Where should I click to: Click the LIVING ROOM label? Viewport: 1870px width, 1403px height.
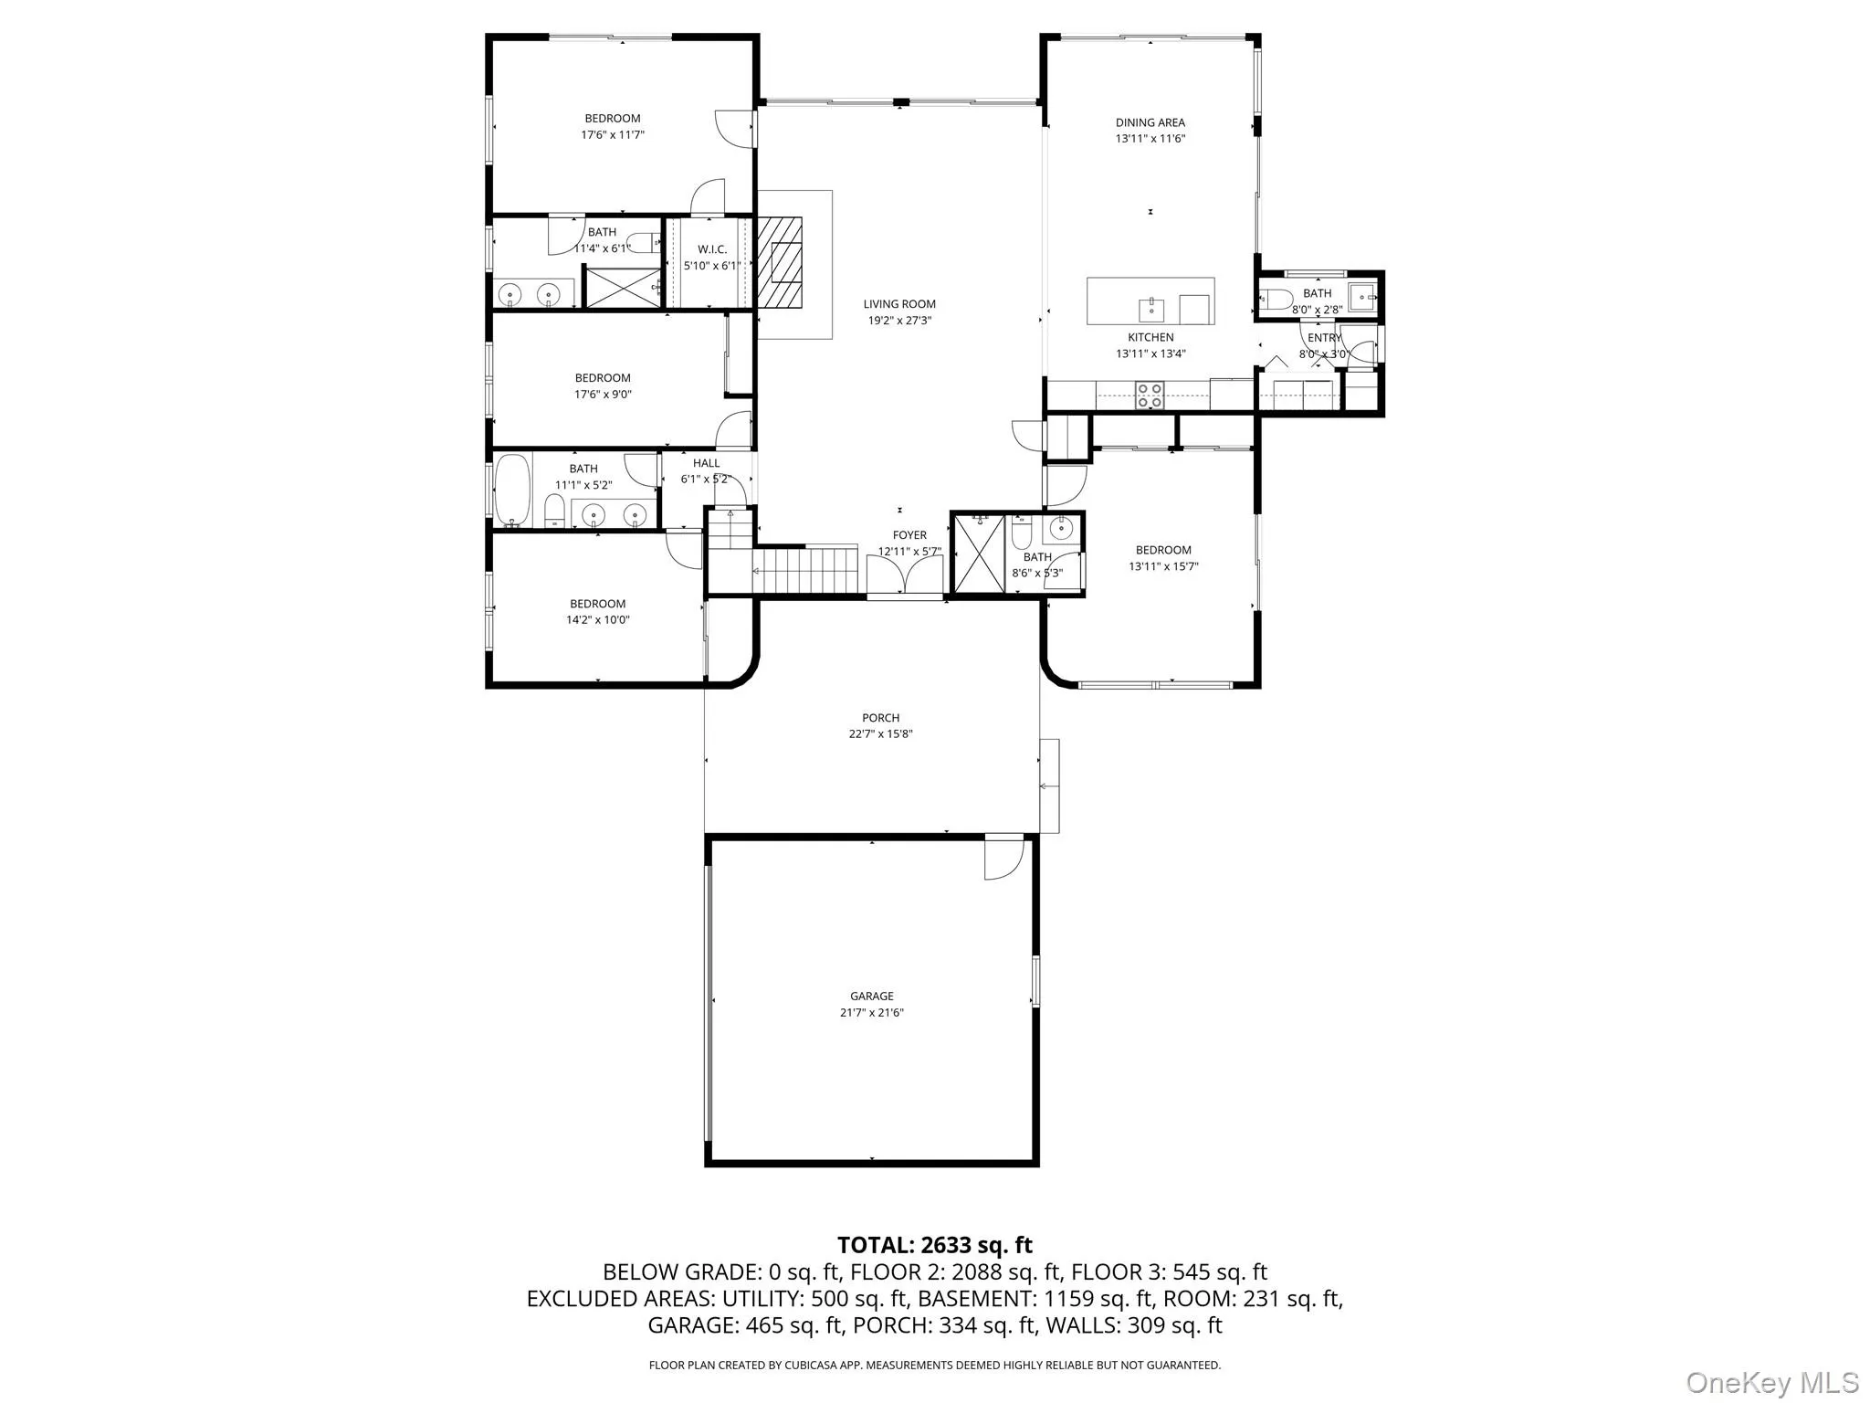[899, 304]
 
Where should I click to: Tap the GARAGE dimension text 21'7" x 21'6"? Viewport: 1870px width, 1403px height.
[871, 1012]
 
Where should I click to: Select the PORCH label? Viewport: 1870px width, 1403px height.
[880, 718]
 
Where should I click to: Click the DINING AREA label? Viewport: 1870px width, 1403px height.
[1150, 122]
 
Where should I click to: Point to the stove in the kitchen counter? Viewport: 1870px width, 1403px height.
[1149, 395]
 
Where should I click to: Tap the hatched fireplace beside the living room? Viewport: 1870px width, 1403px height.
[779, 263]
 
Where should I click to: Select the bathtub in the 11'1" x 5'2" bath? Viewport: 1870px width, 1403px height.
[512, 491]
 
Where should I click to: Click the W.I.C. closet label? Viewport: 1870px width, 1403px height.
[711, 249]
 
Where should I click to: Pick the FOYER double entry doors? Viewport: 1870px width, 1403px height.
[904, 575]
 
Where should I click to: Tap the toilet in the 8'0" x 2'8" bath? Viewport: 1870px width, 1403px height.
[1276, 299]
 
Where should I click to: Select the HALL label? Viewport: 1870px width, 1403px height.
[706, 463]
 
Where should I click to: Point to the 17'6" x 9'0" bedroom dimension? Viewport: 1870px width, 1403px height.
[603, 395]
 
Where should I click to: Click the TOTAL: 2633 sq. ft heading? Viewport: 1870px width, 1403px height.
[934, 1245]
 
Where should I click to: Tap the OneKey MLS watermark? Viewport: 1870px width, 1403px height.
[1771, 1382]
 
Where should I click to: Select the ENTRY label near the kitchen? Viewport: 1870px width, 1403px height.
[1324, 338]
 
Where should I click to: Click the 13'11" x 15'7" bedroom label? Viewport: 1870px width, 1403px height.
[1162, 550]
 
